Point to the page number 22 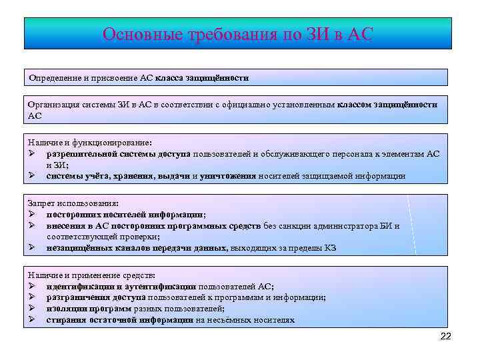pyautogui.click(x=446, y=337)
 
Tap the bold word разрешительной pyautogui.click(x=83, y=153)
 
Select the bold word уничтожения pyautogui.click(x=228, y=176)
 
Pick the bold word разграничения pyautogui.click(x=75, y=297)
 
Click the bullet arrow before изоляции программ pyautogui.click(x=32, y=308)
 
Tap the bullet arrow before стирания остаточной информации pyautogui.click(x=32, y=319)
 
